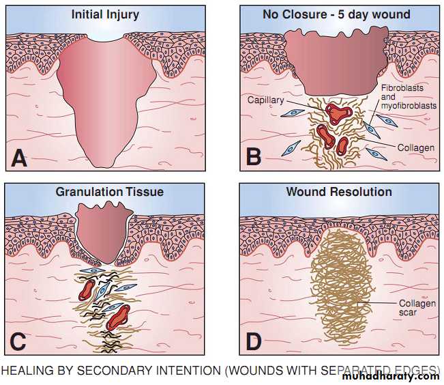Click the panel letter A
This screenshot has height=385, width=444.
coord(19,158)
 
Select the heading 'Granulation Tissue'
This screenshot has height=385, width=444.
coord(109,192)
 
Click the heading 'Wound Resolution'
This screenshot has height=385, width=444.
coord(339,192)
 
